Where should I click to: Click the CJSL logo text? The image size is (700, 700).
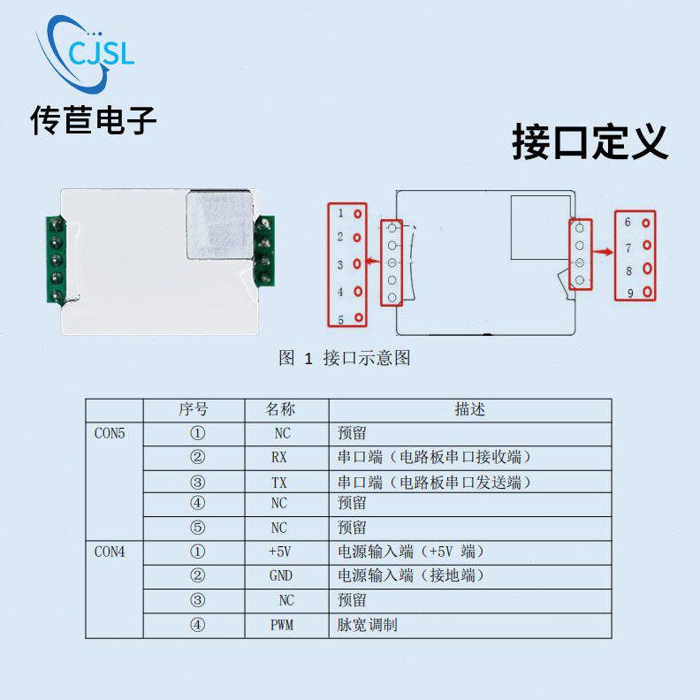pyautogui.click(x=101, y=55)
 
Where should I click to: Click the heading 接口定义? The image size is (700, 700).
pyautogui.click(x=590, y=141)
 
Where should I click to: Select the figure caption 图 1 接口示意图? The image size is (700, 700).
pyautogui.click(x=344, y=358)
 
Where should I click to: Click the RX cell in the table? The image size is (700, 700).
pyautogui.click(x=279, y=458)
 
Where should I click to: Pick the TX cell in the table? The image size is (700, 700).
pyautogui.click(x=279, y=483)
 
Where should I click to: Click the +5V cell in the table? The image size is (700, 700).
pyautogui.click(x=279, y=552)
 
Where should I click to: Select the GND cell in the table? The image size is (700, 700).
pyautogui.click(x=280, y=575)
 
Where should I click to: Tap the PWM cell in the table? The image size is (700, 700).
pyautogui.click(x=280, y=625)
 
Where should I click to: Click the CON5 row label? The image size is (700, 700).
pyautogui.click(x=110, y=434)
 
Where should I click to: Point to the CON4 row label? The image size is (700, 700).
pyautogui.click(x=110, y=552)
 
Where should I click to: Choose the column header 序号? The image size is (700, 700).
pyautogui.click(x=193, y=410)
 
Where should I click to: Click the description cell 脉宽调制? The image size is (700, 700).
pyautogui.click(x=368, y=625)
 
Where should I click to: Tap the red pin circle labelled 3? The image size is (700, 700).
pyautogui.click(x=358, y=263)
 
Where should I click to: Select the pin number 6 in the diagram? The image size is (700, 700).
pyautogui.click(x=628, y=223)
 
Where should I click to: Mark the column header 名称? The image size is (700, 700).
pyautogui.click(x=280, y=410)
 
